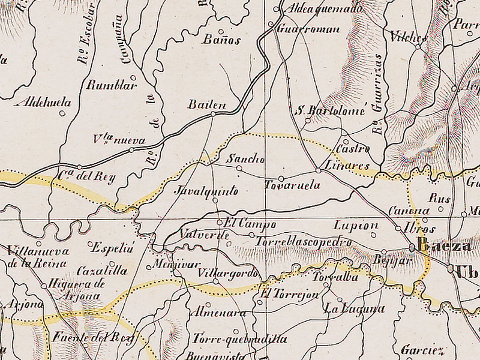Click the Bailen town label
tap(207, 104)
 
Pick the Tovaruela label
tap(292, 185)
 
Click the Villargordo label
tap(227, 274)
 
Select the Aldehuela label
tap(46, 103)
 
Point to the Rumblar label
tap(112, 85)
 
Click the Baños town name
tap(221, 40)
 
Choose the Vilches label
tap(408, 36)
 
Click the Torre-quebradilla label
tap(239, 339)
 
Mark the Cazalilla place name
tap(103, 271)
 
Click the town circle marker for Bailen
tap(213, 113)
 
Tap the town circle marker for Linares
tap(318, 170)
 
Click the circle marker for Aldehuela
tap(62, 112)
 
